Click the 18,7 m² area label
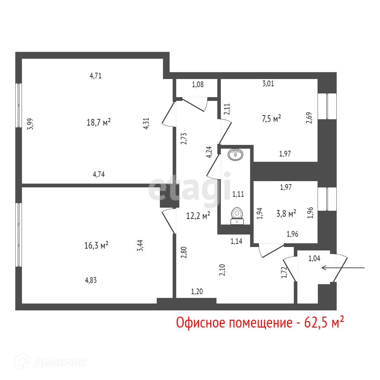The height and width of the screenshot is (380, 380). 98,122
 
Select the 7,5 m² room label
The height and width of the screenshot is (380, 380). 271,119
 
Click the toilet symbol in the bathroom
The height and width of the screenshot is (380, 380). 237,216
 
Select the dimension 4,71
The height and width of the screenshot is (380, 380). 96,76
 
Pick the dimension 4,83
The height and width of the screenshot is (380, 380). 91,280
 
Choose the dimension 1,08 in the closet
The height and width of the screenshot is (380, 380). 198,84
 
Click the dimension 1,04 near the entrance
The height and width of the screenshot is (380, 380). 314,258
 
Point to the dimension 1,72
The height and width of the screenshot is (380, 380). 284,272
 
